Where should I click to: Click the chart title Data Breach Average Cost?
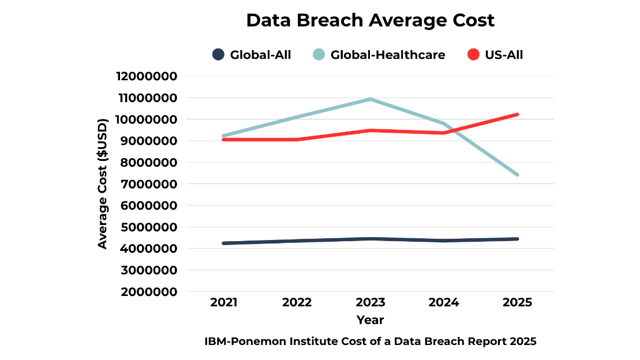[370, 20]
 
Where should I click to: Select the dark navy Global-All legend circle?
[218, 55]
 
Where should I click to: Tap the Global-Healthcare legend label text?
[387, 55]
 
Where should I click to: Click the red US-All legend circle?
[473, 55]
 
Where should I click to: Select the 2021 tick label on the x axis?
[224, 302]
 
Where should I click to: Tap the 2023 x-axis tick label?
[370, 302]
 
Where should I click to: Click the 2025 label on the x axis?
[517, 302]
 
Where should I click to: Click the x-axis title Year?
[370, 320]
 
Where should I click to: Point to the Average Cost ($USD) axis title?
[103, 183]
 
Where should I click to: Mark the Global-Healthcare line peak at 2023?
[370, 99]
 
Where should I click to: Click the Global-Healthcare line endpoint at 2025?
[517, 174]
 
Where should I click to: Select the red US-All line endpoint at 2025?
[517, 114]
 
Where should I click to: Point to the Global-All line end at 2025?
[517, 239]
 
